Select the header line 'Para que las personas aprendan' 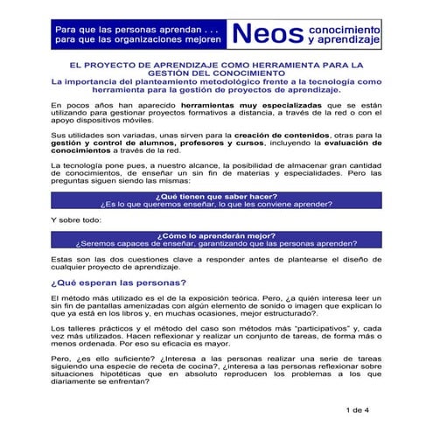(128, 27)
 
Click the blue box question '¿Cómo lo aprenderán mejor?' (216, 235)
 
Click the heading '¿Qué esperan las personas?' (117, 283)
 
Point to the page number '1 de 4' (359, 409)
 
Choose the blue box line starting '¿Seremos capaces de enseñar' (216, 245)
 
